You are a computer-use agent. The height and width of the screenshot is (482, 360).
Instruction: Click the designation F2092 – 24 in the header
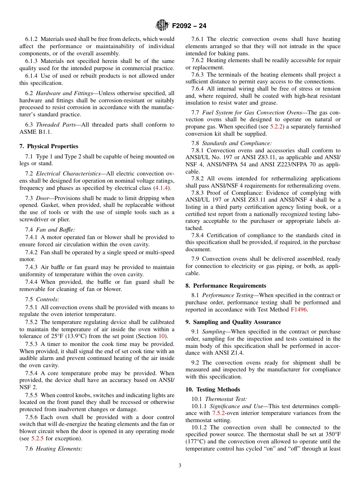(189, 26)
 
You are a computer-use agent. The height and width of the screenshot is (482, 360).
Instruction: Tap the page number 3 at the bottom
(180, 465)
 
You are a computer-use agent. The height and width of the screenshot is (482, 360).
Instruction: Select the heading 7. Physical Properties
(49, 146)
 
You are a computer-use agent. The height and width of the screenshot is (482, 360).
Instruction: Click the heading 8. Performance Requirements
(226, 286)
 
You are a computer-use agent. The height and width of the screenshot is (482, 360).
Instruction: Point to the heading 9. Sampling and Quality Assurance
(233, 322)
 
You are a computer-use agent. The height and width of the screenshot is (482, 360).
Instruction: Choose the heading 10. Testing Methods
(213, 390)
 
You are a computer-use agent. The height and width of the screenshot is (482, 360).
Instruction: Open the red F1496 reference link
(299, 310)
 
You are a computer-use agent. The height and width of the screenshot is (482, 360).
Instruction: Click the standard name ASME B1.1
(35, 132)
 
